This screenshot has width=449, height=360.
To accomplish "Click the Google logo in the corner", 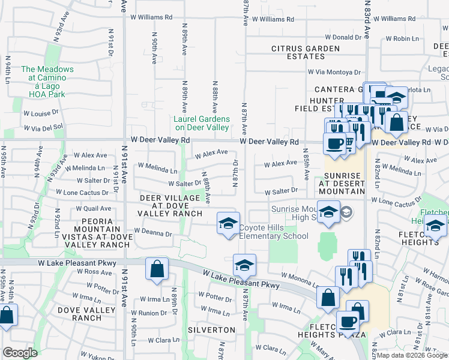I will pyautogui.click(x=20, y=353).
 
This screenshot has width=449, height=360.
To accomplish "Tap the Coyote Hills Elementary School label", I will pyautogui.click(x=274, y=232).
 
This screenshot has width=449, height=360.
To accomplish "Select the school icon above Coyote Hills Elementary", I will pyautogui.click(x=228, y=224).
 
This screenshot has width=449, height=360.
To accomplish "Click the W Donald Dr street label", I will pyautogui.click(x=341, y=37).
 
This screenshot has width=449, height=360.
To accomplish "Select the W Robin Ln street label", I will pyautogui.click(x=402, y=38).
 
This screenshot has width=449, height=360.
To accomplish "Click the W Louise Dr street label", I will pyautogui.click(x=41, y=112).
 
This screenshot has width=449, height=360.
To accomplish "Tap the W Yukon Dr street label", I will pyautogui.click(x=90, y=355).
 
